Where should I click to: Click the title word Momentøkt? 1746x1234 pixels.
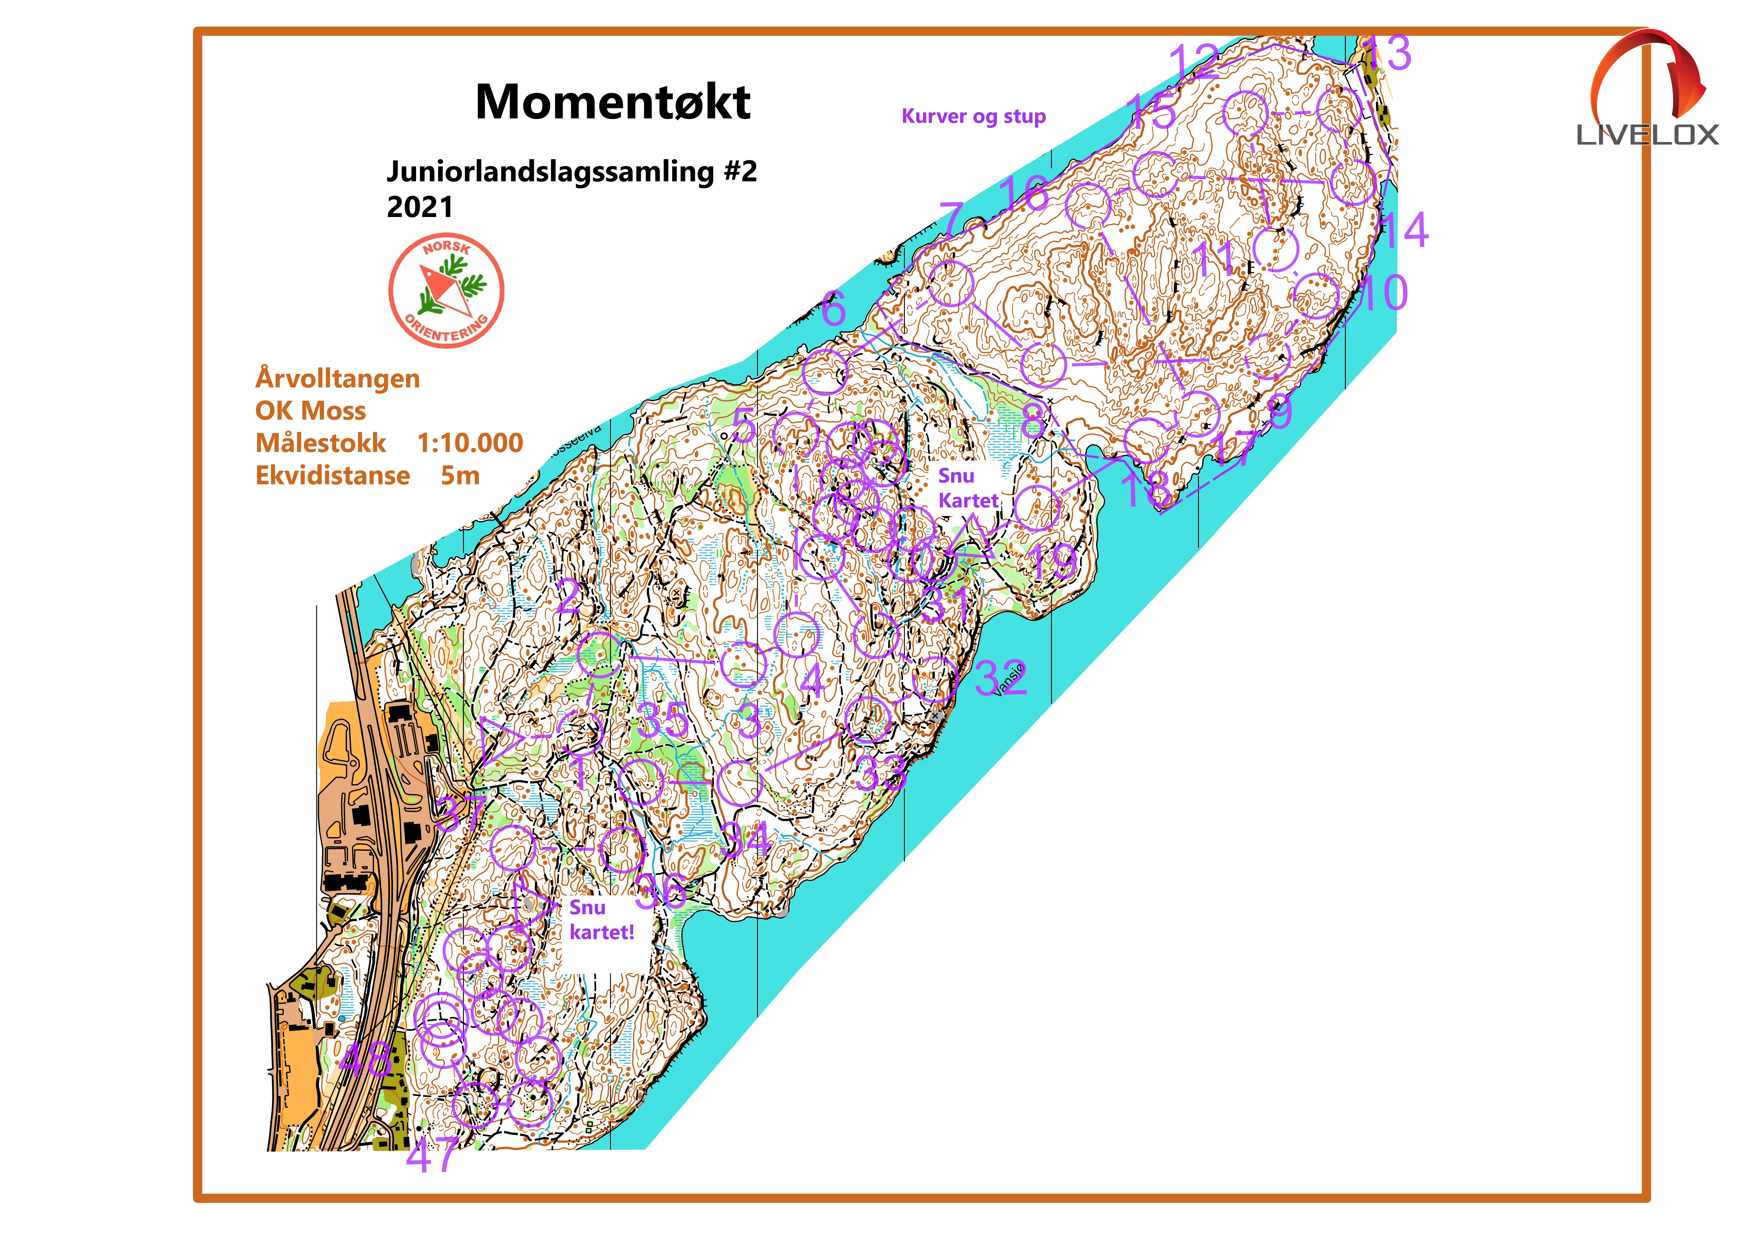point(613,103)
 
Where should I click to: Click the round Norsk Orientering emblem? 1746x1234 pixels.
point(446,291)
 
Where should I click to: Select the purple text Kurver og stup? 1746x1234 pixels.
point(973,116)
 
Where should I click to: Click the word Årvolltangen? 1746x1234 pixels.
point(338,379)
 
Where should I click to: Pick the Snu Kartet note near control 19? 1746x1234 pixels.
point(967,488)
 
